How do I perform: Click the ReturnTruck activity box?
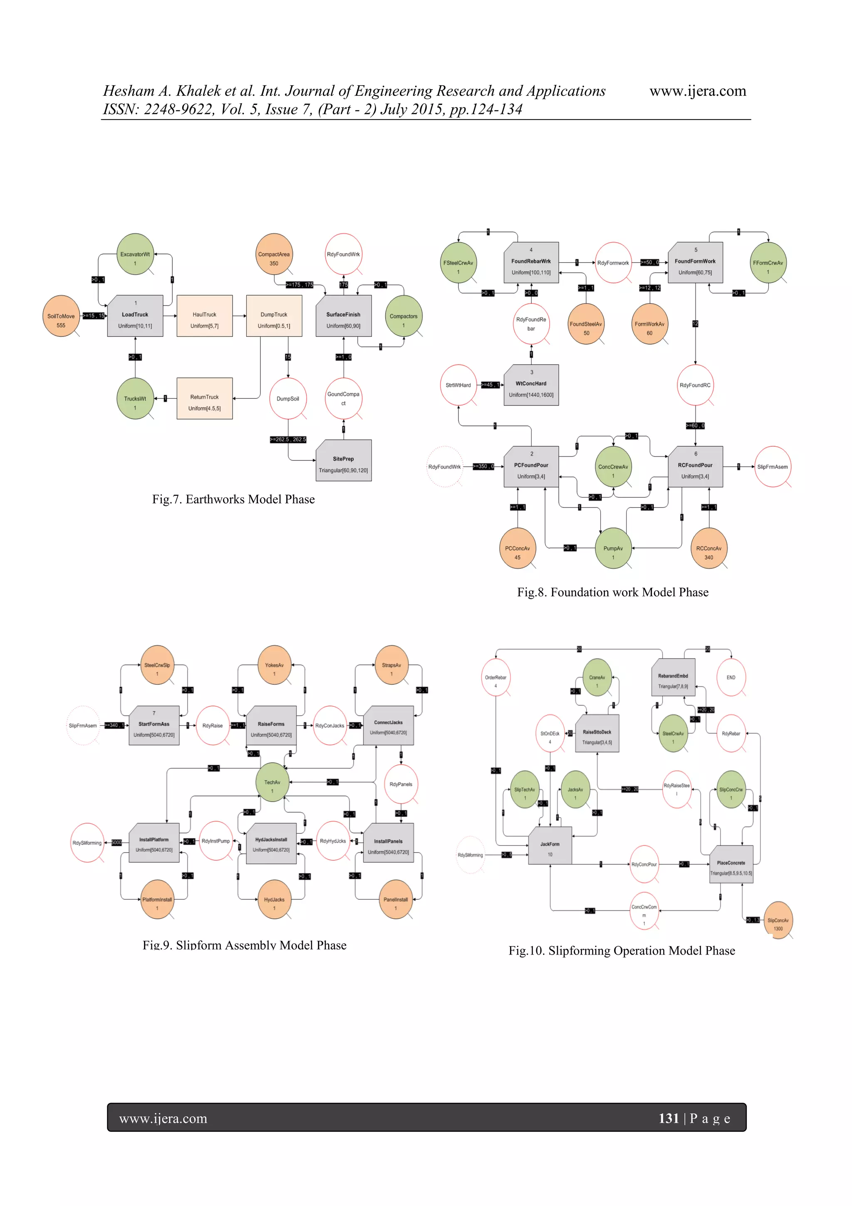204,399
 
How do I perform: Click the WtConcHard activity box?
531,385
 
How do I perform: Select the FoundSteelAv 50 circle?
586,324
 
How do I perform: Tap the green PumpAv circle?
613,548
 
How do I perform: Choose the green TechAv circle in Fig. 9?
272,782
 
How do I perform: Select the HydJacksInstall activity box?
271,843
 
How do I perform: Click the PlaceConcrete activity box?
731,864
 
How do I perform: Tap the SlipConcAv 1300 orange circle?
778,920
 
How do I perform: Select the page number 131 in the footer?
668,1118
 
